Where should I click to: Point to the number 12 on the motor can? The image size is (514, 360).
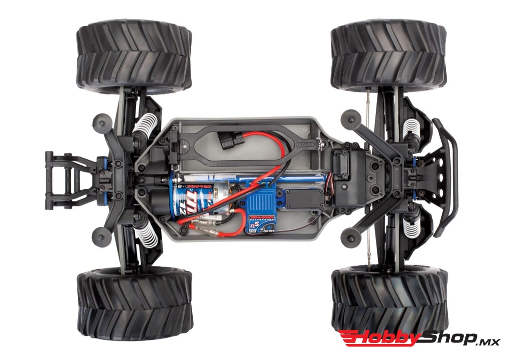[x=190, y=208]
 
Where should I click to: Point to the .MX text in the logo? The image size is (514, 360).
[x=487, y=341]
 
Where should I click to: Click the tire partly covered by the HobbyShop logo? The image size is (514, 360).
[x=389, y=296]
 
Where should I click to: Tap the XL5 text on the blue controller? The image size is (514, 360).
[x=256, y=224]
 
